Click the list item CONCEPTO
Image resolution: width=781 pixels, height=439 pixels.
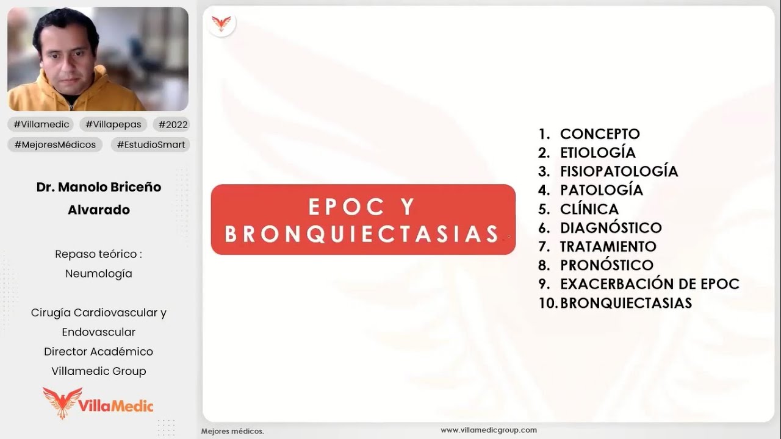(x=600, y=134)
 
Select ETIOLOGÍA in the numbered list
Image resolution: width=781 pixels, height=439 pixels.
(x=597, y=152)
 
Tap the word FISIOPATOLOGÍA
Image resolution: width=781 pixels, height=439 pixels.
(x=619, y=171)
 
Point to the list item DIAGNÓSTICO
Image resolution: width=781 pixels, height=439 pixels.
(x=611, y=227)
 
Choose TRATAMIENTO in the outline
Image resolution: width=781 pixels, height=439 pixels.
(x=608, y=246)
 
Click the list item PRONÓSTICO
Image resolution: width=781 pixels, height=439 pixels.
(x=606, y=265)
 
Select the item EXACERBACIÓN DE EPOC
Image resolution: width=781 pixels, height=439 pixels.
(x=649, y=284)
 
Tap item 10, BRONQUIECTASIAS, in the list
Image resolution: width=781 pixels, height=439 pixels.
(x=625, y=303)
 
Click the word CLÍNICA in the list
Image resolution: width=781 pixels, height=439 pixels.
(x=589, y=209)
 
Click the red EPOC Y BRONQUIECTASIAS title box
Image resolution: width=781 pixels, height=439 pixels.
(x=363, y=220)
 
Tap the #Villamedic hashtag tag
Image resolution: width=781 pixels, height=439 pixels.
(x=41, y=124)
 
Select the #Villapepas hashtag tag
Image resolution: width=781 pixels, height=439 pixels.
(x=113, y=124)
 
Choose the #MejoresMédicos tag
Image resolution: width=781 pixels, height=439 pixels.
(x=55, y=145)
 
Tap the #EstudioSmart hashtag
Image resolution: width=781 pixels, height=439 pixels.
(x=151, y=145)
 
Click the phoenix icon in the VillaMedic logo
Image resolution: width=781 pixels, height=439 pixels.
(x=62, y=402)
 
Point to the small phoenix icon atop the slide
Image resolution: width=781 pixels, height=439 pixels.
(x=221, y=24)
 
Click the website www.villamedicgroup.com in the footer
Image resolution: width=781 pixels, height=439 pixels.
(x=489, y=430)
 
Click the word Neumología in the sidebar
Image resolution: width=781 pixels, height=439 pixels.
(x=99, y=274)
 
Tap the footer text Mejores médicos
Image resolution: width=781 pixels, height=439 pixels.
(x=232, y=431)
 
